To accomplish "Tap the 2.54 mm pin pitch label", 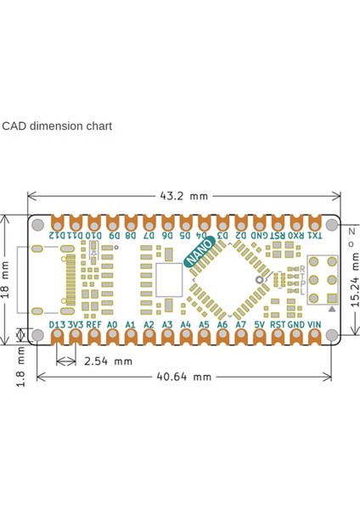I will (109, 361).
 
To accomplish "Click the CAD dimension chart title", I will (56, 126).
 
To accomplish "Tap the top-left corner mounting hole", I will (38, 228).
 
